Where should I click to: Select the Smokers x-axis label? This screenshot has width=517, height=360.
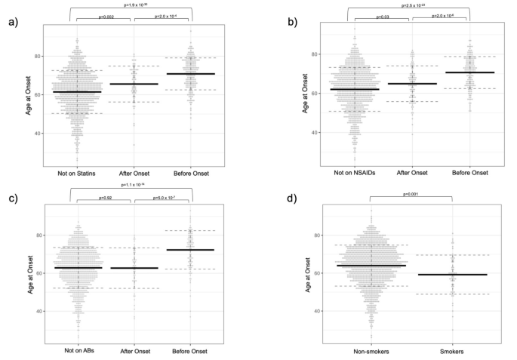(452, 352)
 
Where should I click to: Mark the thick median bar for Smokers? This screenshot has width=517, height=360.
(452, 275)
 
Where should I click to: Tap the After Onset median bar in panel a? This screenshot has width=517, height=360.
(134, 84)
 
